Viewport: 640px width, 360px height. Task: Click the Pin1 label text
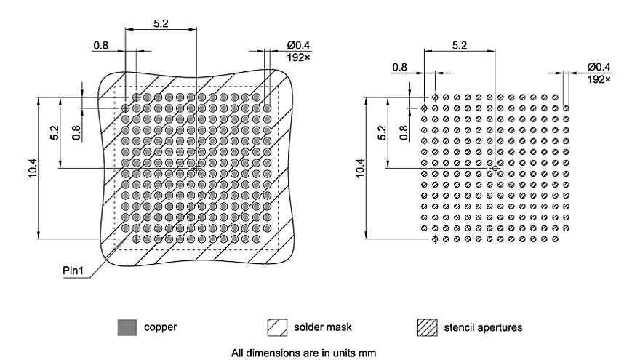73,271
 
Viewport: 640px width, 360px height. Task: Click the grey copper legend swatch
127,327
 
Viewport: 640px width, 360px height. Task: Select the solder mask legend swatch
277,327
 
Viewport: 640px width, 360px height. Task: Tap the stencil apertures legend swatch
428,327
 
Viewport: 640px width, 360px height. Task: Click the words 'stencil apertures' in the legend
483,327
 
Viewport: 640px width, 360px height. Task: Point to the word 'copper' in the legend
161,327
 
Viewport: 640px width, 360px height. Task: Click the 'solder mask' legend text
322,327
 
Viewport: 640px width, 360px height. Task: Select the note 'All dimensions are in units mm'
304,353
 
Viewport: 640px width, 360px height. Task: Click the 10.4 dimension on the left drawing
33,168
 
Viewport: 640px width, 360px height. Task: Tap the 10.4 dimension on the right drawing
359,168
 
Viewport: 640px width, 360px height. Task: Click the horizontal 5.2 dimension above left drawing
161,24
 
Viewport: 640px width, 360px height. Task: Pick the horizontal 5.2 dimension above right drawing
459,45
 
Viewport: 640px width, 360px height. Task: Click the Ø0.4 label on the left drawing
298,45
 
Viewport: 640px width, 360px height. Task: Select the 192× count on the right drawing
599,79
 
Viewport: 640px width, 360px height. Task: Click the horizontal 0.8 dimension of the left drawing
101,45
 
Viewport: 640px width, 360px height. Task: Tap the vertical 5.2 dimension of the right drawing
382,132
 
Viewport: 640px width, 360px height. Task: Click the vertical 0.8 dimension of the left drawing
76,132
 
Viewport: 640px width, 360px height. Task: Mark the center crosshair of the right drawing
495,168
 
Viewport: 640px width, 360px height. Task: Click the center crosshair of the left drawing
196,168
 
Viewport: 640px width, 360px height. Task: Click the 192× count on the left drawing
298,57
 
